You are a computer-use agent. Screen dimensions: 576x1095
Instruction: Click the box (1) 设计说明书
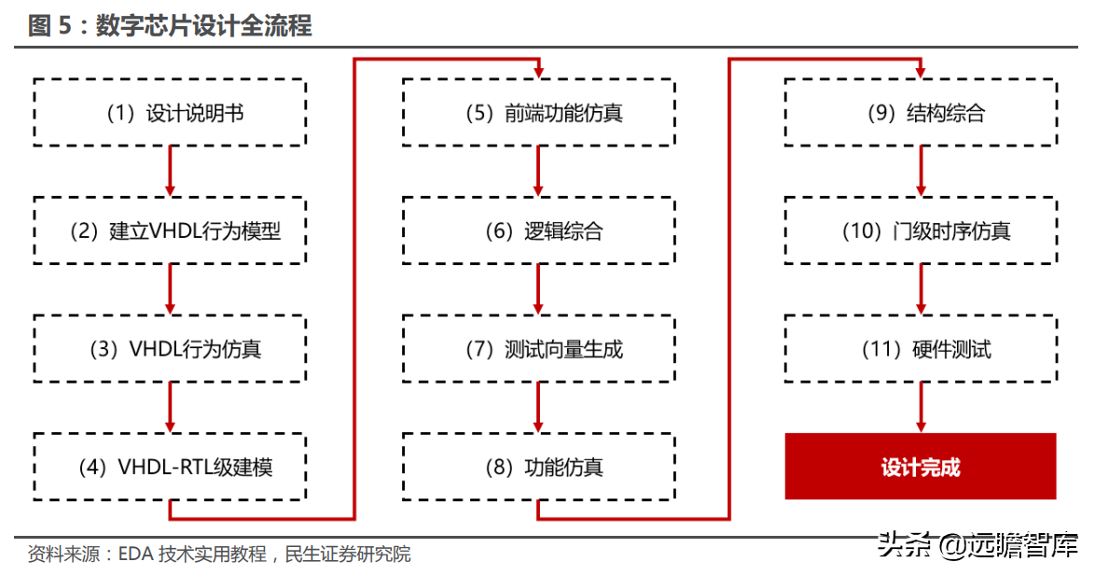tap(170, 113)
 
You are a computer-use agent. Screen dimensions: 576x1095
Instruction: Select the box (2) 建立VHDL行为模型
tap(170, 231)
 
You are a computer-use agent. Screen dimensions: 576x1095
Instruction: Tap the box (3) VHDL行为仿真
tap(170, 349)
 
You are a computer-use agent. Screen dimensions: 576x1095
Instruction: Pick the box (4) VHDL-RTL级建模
tap(170, 467)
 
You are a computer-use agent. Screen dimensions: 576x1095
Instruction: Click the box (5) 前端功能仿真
tap(538, 113)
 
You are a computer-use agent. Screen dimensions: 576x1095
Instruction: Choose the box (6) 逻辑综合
tap(538, 231)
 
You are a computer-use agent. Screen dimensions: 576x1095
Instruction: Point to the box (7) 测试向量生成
tap(538, 349)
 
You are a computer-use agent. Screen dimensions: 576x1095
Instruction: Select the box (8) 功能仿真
tap(538, 467)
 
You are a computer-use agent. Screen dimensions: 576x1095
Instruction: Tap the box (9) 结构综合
tap(921, 113)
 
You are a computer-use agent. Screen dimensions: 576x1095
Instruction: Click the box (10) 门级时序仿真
tap(921, 231)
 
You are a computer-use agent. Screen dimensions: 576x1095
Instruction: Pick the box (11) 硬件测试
tap(921, 349)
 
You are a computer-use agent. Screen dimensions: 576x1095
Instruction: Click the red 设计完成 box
tap(921, 467)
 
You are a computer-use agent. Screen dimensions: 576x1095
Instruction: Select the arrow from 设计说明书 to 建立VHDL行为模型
tap(170, 171)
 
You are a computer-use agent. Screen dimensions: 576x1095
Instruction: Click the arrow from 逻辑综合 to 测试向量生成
tap(538, 289)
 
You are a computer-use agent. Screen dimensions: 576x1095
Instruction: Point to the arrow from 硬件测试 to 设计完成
tap(921, 407)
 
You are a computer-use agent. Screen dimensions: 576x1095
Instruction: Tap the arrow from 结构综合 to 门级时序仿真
tap(921, 171)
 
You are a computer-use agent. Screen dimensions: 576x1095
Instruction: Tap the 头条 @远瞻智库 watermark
tap(977, 544)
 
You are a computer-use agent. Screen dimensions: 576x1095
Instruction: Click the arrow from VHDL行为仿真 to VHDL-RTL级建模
tap(170, 407)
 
